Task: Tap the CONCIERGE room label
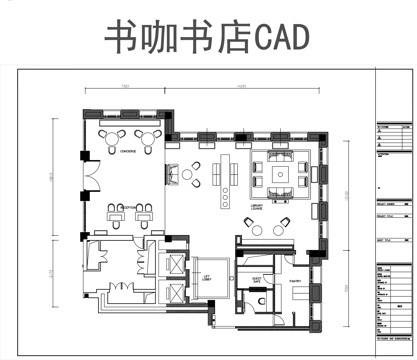[x=127, y=151]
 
